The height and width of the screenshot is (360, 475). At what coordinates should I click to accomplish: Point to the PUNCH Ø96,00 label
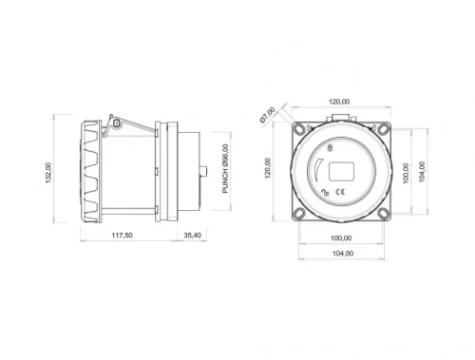(226, 169)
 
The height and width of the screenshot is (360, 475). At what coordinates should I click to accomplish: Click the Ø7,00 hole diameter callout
(267, 116)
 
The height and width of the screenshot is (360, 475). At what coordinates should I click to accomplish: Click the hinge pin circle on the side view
(115, 122)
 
